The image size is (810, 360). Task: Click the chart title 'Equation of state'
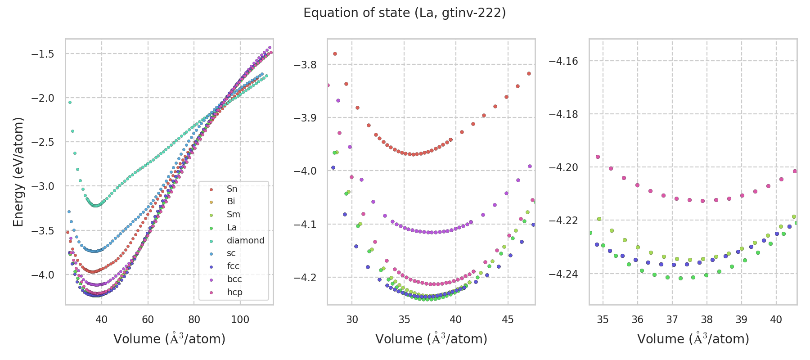point(405,13)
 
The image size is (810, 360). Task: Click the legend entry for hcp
point(234,292)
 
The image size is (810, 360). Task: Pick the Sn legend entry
point(232,189)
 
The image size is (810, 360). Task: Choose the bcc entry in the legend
point(234,279)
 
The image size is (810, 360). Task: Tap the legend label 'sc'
point(231,253)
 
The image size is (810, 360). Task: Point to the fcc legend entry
point(233,266)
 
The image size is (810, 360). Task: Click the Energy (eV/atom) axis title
point(18,171)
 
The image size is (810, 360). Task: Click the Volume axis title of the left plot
point(169,339)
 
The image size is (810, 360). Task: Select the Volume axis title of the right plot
point(693,339)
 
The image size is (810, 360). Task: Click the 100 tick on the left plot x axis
point(240,319)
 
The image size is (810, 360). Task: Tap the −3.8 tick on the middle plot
point(305,65)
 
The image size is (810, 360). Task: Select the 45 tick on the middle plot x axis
point(508,319)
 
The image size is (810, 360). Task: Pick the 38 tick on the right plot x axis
point(706,319)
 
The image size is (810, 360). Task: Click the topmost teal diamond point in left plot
point(70,102)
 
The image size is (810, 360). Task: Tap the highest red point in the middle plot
point(335,54)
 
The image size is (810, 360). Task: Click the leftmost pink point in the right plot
point(598,157)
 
